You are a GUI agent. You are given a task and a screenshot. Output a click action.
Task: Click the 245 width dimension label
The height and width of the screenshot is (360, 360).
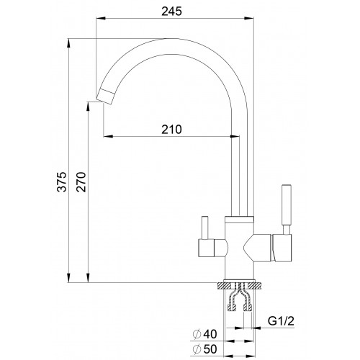click(171, 12)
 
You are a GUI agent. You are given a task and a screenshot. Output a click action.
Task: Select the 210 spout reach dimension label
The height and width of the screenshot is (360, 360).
click(171, 130)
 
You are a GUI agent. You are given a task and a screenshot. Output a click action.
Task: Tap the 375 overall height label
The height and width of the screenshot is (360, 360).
click(62, 181)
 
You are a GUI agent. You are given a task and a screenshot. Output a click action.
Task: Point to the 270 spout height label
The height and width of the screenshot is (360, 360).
click(81, 181)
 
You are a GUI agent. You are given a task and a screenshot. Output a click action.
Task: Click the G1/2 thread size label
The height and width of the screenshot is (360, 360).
click(281, 321)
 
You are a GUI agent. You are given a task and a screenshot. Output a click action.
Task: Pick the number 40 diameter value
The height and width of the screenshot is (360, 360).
click(210, 334)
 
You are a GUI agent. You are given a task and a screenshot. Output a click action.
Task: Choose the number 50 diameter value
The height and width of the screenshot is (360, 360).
click(210, 349)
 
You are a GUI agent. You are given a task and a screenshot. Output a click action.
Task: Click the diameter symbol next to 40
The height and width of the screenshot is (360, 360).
click(197, 334)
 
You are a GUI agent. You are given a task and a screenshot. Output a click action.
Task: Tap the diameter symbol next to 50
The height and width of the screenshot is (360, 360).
click(197, 349)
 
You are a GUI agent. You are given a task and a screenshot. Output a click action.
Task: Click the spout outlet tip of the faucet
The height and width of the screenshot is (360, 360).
click(105, 96)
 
